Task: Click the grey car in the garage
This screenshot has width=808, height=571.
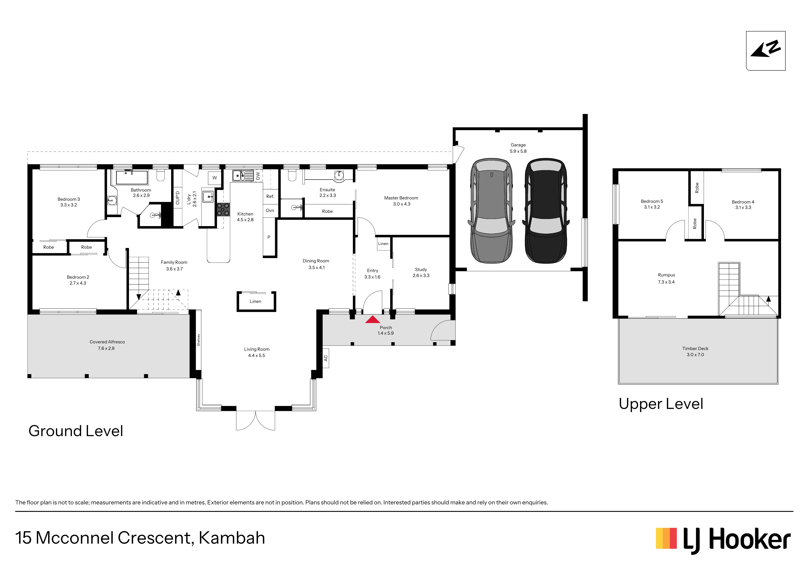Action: coord(491,210)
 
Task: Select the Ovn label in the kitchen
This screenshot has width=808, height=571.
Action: coord(270,210)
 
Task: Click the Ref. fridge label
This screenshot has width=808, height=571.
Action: coord(270,196)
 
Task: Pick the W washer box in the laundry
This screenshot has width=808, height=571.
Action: coord(215,178)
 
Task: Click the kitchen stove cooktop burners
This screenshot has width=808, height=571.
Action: coord(223,209)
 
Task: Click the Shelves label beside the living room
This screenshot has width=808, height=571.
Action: coord(199,340)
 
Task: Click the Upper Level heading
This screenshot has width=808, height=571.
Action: coord(661,404)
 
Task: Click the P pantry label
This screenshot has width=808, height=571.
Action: coord(269,237)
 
